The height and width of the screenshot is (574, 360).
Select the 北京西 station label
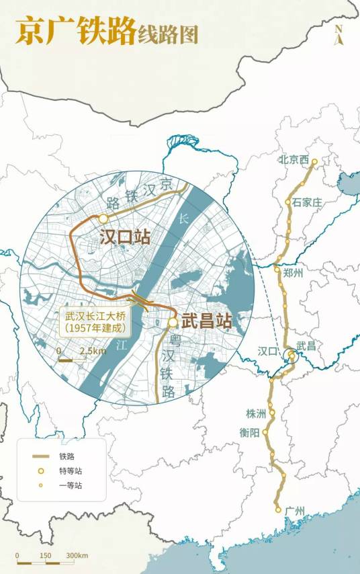[x=294, y=160]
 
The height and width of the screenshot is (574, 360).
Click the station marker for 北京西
[x=314, y=161]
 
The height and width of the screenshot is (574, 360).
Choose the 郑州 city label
[x=294, y=272]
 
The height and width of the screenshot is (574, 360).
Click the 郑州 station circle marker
[x=277, y=270]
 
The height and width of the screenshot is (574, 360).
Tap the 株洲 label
[x=256, y=413]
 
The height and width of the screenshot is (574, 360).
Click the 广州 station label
[x=294, y=511]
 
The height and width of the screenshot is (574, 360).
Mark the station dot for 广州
[x=278, y=510]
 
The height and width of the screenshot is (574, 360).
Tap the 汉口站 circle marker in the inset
[x=103, y=218]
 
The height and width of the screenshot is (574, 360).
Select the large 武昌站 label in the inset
[x=207, y=323]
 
